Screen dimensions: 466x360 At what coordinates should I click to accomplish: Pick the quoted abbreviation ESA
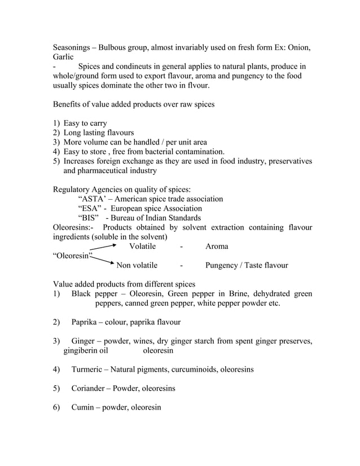click(x=90, y=209)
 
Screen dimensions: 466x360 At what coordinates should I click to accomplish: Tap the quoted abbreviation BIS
click(x=89, y=218)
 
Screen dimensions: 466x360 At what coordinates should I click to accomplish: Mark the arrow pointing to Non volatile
click(x=104, y=261)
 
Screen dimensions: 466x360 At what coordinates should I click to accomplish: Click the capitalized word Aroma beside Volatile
click(x=217, y=247)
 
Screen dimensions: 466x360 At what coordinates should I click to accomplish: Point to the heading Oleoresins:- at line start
click(x=74, y=227)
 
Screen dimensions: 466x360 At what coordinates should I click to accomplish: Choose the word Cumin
click(x=84, y=407)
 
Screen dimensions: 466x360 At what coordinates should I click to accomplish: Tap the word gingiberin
click(x=82, y=350)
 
